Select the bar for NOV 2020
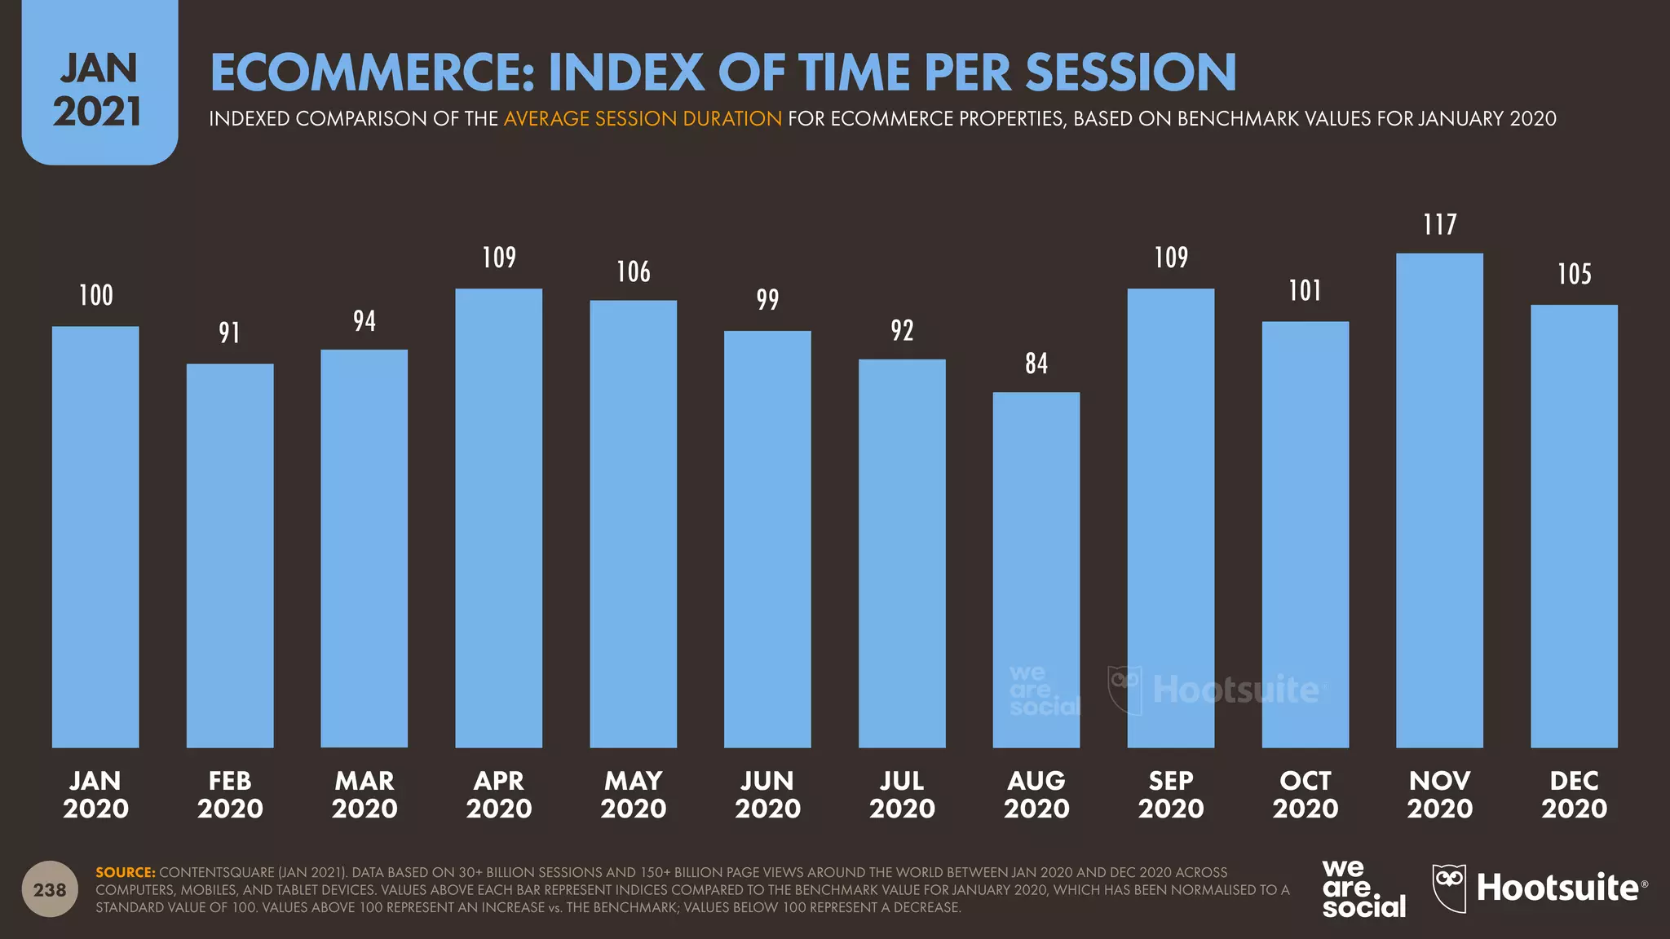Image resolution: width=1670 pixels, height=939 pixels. click(x=1439, y=500)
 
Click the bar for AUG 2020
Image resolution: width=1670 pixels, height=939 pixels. click(x=1036, y=570)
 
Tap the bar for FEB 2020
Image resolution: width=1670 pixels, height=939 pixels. click(x=230, y=555)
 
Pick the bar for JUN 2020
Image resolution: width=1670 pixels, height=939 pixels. click(x=767, y=539)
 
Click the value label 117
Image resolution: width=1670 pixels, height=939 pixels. click(x=1439, y=225)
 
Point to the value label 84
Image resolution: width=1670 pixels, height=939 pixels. click(x=1036, y=364)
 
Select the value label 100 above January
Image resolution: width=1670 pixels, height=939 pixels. click(x=95, y=295)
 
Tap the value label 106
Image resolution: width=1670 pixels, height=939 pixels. click(x=633, y=272)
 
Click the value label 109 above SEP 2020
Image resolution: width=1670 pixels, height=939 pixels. click(x=1170, y=258)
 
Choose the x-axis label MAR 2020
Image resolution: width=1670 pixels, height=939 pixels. click(x=364, y=795)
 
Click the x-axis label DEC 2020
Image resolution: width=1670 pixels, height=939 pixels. click(x=1574, y=795)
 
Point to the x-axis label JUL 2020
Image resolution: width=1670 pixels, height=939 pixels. click(x=902, y=795)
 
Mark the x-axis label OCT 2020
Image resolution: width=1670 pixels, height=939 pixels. click(x=1305, y=795)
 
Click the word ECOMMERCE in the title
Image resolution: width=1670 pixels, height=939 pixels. click(x=372, y=73)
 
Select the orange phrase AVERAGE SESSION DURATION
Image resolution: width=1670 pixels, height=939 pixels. click(x=643, y=119)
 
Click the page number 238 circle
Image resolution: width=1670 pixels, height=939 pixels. click(x=50, y=889)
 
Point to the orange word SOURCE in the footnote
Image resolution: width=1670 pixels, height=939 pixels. click(x=125, y=872)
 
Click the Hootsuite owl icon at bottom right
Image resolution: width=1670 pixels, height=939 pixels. click(x=1449, y=888)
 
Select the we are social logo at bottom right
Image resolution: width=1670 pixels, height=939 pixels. click(x=1363, y=888)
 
